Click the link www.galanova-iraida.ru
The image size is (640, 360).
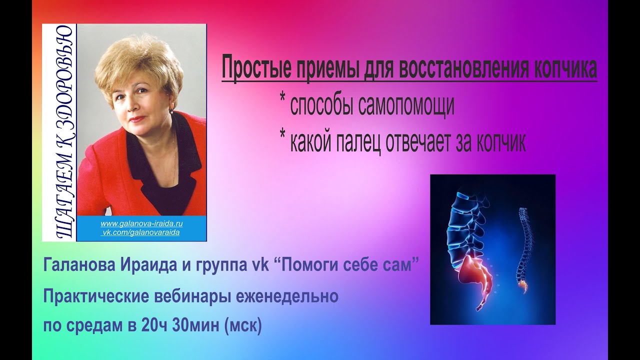pos(141,223)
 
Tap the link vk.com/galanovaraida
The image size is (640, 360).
pos(141,232)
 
